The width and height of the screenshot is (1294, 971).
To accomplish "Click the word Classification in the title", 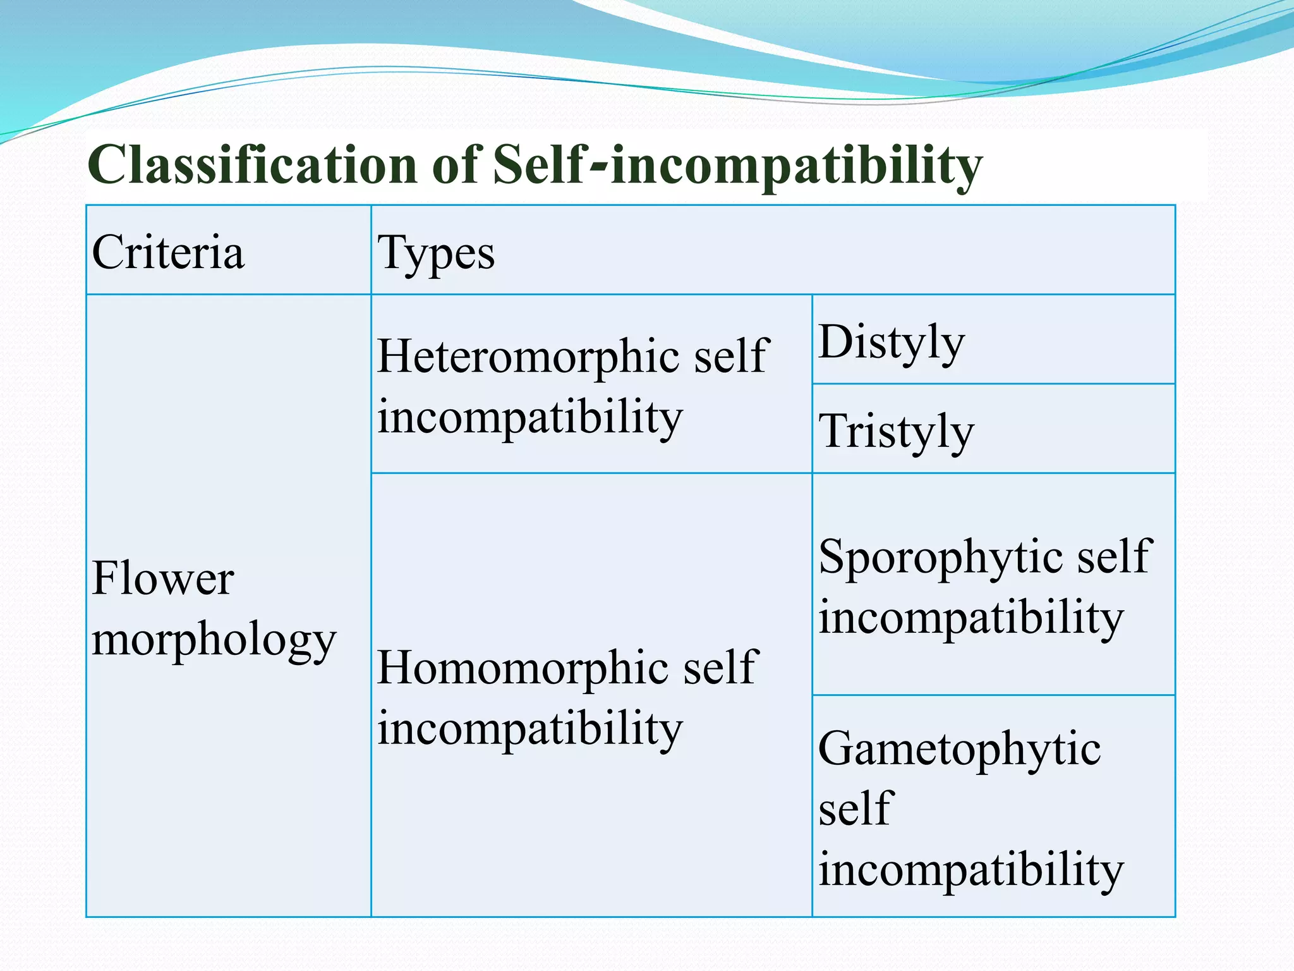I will (252, 164).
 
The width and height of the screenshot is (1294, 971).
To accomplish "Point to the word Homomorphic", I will (524, 667).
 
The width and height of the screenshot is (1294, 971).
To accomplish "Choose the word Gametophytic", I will (959, 748).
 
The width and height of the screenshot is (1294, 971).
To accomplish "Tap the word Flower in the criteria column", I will (163, 578).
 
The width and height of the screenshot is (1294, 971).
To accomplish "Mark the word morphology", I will (214, 640).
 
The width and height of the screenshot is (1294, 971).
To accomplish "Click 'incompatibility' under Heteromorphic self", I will (530, 417).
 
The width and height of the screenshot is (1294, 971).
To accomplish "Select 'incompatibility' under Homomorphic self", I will (530, 729).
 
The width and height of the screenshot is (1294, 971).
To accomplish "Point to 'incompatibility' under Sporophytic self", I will (971, 618).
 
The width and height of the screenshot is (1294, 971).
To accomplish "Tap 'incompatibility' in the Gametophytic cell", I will (971, 869).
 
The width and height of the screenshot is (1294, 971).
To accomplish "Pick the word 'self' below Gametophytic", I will (856, 809).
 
